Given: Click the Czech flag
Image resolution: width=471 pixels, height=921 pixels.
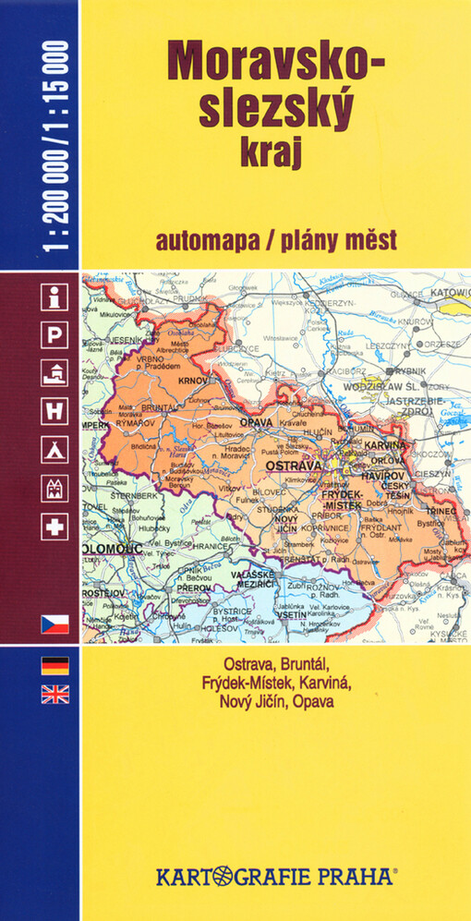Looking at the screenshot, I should point(54,622).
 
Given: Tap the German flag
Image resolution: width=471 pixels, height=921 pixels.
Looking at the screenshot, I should point(54,666).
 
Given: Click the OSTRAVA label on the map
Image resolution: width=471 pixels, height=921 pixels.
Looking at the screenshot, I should point(292,466).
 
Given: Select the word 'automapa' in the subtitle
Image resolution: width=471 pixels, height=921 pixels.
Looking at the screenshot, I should point(208,240).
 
